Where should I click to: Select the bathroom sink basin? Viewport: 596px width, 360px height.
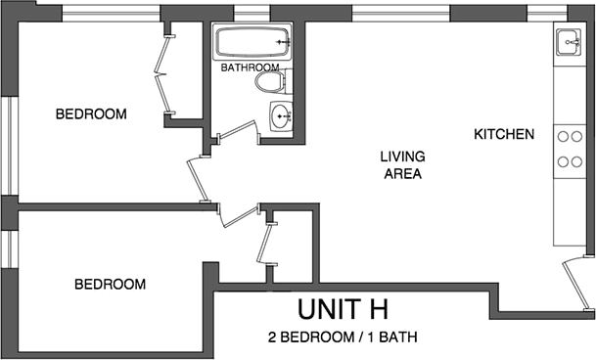pos(282,117)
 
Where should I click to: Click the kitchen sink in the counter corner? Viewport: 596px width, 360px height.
pos(570,42)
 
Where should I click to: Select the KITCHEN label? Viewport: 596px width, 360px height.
pos(504,134)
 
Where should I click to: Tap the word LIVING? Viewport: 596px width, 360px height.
pos(401,156)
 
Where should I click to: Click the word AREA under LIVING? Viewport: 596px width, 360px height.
pos(401,175)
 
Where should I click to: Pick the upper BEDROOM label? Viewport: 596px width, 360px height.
pos(91,114)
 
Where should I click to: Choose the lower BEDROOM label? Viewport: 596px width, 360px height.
pos(111,285)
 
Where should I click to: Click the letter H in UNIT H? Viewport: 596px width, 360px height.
pos(376,310)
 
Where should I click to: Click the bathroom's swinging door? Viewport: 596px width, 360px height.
pos(235,133)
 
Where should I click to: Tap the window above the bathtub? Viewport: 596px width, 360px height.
pos(252,13)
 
